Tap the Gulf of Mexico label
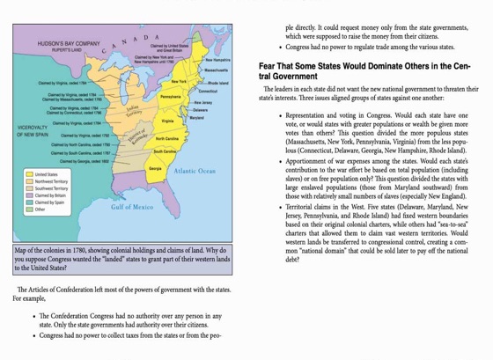click(x=132, y=207)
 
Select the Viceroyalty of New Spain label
click(x=33, y=131)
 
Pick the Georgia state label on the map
click(x=155, y=167)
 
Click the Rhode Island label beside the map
click(x=217, y=83)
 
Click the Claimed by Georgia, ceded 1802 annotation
click(x=85, y=161)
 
